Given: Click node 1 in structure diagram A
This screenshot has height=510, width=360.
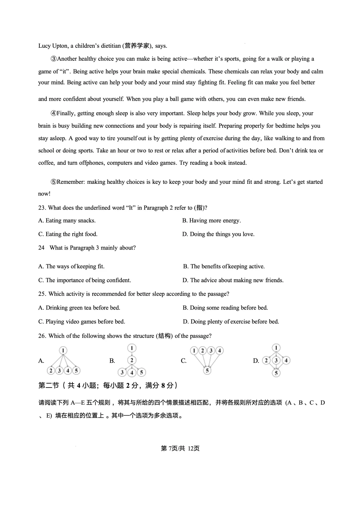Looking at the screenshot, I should (63, 350).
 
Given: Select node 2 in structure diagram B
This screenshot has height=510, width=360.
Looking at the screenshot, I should (132, 360).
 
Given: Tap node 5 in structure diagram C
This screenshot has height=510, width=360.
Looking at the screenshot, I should (207, 371).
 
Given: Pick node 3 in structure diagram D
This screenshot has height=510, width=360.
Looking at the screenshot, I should (276, 360).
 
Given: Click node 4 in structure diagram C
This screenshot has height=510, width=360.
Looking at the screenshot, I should (219, 351).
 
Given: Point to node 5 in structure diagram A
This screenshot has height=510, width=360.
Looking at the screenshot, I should (76, 371).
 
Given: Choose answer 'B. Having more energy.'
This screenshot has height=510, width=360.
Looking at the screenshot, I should (211, 220).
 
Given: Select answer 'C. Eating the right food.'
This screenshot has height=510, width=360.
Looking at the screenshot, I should (68, 234).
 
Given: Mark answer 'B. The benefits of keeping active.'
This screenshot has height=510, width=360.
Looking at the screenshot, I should (224, 267).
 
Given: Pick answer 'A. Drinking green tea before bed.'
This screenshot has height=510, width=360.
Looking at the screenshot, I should (79, 308).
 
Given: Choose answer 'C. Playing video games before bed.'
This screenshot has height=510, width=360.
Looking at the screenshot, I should (82, 322).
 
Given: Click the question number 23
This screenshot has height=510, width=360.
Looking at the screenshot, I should (42, 208).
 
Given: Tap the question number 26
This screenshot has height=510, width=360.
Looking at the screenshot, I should (42, 336).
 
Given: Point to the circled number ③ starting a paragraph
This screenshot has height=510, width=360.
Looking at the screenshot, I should (54, 59).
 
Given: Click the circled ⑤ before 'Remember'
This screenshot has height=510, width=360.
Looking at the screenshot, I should (54, 182).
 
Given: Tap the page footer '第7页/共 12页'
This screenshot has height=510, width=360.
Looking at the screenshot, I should (180, 449).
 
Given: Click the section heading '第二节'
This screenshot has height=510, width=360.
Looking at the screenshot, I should (49, 386).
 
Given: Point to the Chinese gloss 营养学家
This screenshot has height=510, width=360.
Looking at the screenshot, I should (137, 46).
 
